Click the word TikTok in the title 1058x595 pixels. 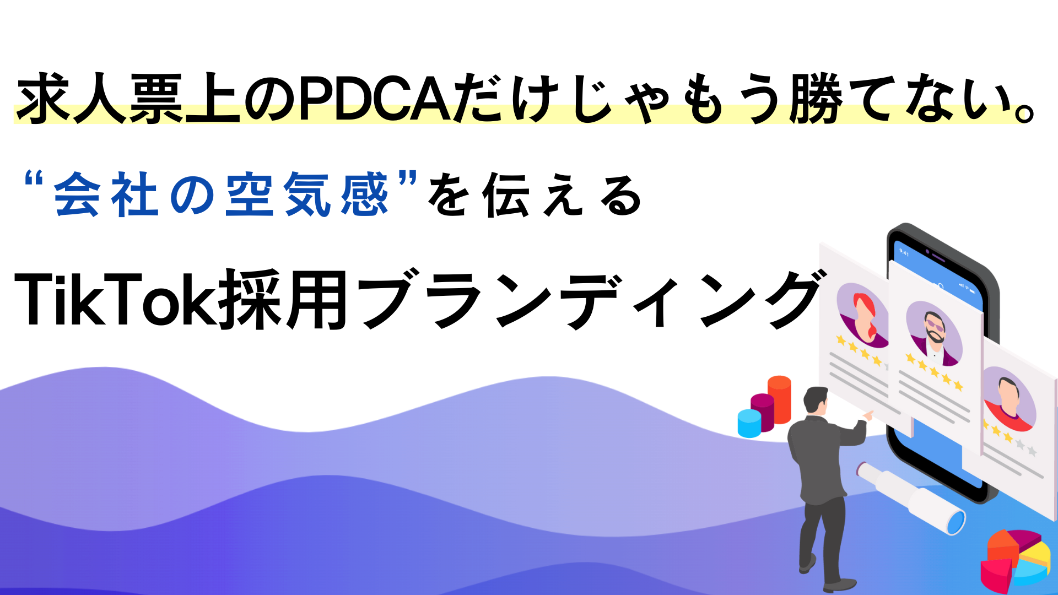pyautogui.click(x=116, y=300)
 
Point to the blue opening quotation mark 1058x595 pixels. pyautogui.click(x=34, y=180)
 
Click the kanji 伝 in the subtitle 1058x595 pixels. pyautogui.click(x=506, y=194)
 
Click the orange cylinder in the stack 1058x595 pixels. pyautogui.click(x=779, y=399)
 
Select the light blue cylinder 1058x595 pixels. pyautogui.click(x=749, y=423)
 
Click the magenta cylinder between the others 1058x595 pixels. pyautogui.click(x=763, y=412)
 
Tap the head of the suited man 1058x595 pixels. pyautogui.click(x=816, y=401)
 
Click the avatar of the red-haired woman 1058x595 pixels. pyautogui.click(x=863, y=315)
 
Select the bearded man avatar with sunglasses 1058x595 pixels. pyautogui.click(x=935, y=334)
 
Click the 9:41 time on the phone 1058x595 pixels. pyautogui.click(x=904, y=252)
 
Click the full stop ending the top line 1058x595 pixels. pyautogui.click(x=1025, y=112)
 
